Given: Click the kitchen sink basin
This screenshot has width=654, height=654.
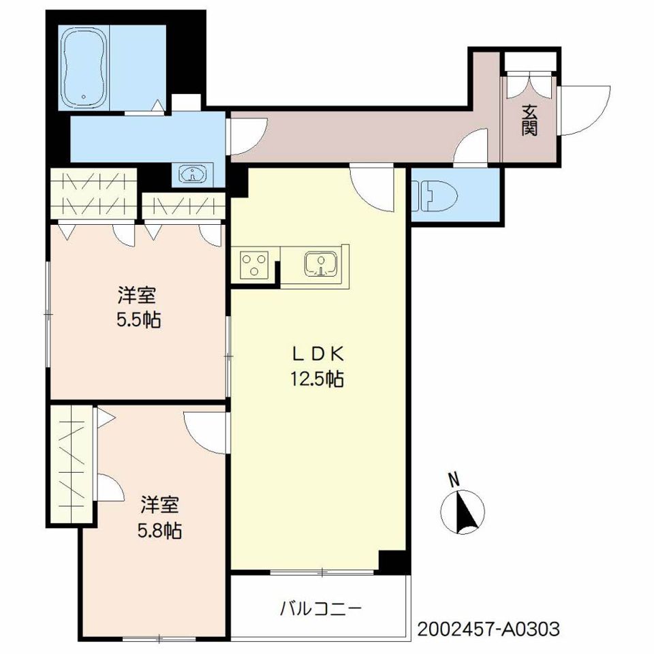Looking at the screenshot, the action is (320, 264).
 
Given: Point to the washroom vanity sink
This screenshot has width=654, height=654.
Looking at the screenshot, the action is (192, 174).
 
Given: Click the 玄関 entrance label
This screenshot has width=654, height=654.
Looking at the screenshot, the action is (529, 120).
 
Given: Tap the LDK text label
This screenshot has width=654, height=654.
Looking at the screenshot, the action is (317, 354).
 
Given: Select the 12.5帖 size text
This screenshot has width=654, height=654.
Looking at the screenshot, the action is (317, 379).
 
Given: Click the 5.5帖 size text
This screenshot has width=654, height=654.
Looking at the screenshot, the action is (138, 320).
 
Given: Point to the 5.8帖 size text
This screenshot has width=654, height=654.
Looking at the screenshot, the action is (159, 531).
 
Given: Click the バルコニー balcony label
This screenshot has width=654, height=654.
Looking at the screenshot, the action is (320, 609).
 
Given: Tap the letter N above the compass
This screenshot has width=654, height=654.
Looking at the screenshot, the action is (454, 480).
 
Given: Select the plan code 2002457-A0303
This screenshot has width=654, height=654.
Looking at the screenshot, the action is (488, 629).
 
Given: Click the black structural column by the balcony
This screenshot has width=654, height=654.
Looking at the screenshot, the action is (394, 561).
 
